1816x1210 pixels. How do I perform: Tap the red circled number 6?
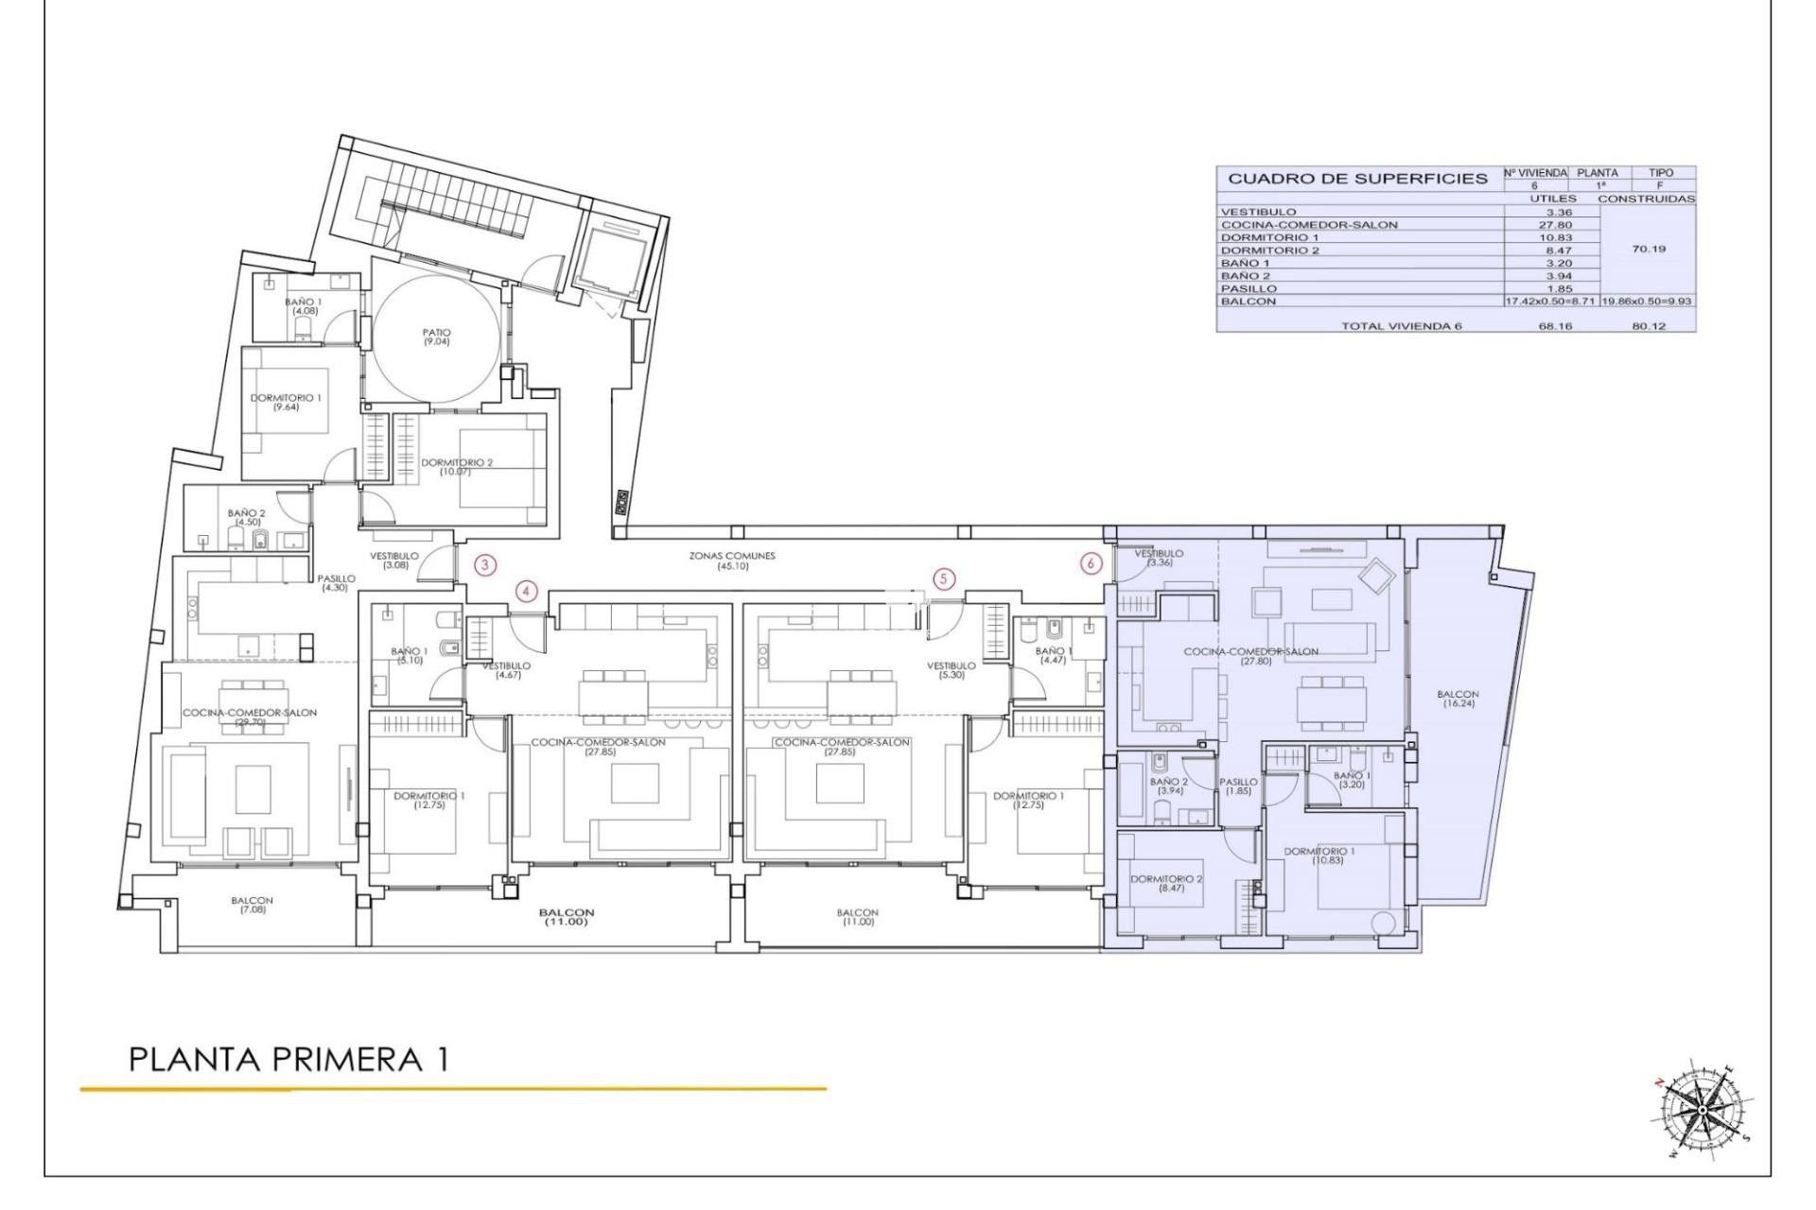tap(1091, 562)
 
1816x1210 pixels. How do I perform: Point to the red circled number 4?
tap(527, 592)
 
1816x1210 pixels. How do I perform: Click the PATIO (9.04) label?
tap(437, 337)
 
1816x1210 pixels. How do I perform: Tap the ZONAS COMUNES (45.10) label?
tap(732, 561)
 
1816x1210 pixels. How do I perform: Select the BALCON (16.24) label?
tap(1458, 699)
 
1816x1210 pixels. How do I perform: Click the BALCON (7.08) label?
tap(252, 905)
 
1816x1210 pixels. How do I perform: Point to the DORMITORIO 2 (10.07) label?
tap(457, 466)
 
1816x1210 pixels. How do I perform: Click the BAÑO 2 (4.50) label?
tap(247, 516)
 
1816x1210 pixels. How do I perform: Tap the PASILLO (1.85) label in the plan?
tap(1238, 786)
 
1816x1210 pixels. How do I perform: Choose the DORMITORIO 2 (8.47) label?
tap(1166, 883)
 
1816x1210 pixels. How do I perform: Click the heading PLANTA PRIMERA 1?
tap(288, 1060)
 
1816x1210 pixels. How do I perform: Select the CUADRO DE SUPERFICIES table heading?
tap(1357, 179)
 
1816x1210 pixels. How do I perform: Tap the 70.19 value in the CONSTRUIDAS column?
tap(1649, 250)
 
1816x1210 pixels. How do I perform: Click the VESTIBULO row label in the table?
tap(1258, 212)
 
